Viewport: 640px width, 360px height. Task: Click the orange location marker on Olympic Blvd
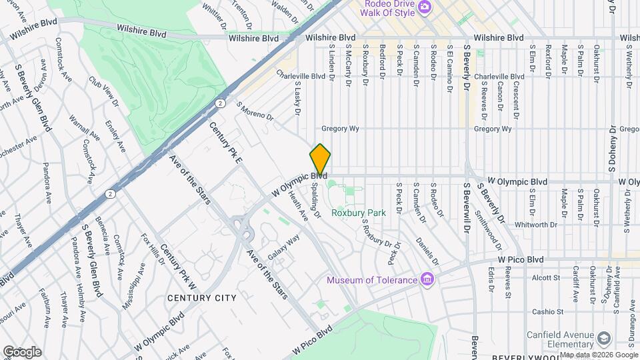[320, 160]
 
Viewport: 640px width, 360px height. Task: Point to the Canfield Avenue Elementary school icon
[604, 338]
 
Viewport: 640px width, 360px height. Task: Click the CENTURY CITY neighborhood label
[201, 297]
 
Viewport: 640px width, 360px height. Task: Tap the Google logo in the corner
[22, 351]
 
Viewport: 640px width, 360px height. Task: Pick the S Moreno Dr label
[255, 111]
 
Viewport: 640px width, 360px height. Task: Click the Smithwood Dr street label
[485, 227]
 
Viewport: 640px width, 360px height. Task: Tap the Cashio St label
[548, 311]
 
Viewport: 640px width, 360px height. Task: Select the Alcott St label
[545, 277]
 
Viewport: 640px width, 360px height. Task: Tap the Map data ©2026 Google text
[598, 355]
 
